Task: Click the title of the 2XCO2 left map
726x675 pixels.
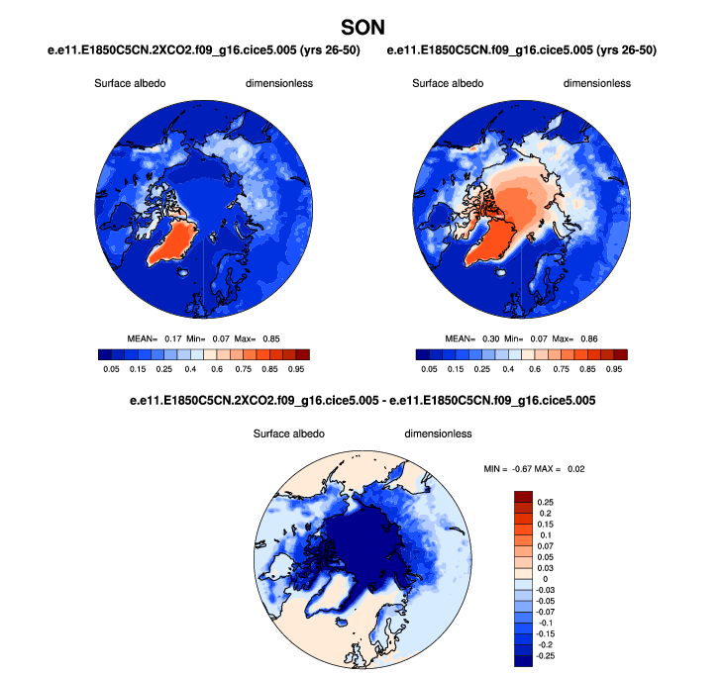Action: [203, 49]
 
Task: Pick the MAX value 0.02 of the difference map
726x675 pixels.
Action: [576, 468]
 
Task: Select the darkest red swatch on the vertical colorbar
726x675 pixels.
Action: [524, 495]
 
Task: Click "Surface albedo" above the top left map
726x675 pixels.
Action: [130, 83]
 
